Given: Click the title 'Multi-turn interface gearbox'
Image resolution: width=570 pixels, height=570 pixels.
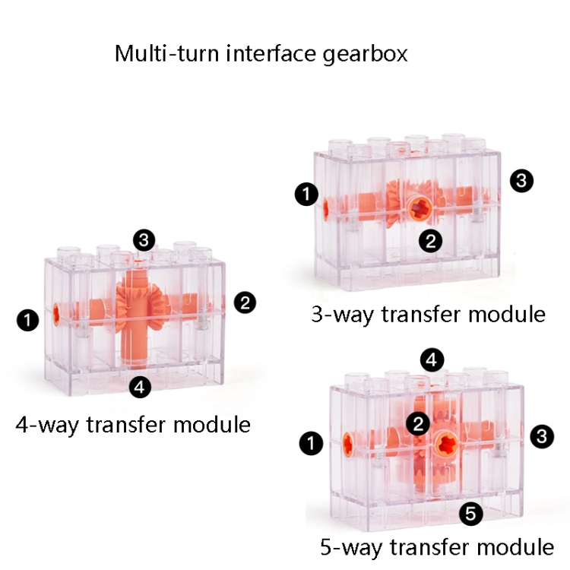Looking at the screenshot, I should (x=261, y=54).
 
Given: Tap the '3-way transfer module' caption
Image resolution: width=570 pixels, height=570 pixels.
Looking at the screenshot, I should (x=429, y=314).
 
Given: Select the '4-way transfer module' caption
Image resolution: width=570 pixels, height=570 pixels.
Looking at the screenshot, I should (x=133, y=423).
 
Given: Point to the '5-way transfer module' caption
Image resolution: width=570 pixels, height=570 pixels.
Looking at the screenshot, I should (x=436, y=546).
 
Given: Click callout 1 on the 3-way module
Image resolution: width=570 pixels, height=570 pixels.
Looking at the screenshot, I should (x=306, y=195).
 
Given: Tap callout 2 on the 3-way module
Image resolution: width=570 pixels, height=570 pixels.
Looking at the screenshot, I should (x=430, y=242).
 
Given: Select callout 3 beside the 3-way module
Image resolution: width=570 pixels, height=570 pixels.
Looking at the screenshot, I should (x=522, y=181).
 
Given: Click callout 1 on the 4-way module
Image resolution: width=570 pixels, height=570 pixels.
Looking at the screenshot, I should (x=28, y=321).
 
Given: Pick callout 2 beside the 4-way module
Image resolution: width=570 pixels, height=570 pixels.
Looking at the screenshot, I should (x=245, y=302).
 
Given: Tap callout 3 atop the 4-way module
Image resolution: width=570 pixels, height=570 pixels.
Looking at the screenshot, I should (x=144, y=241).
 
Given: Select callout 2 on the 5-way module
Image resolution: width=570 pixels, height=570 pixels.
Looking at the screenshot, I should (x=416, y=424).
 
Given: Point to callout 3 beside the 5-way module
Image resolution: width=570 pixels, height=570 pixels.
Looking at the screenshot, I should (x=540, y=436).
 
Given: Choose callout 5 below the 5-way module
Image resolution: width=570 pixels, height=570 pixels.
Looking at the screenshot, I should (x=471, y=515).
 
